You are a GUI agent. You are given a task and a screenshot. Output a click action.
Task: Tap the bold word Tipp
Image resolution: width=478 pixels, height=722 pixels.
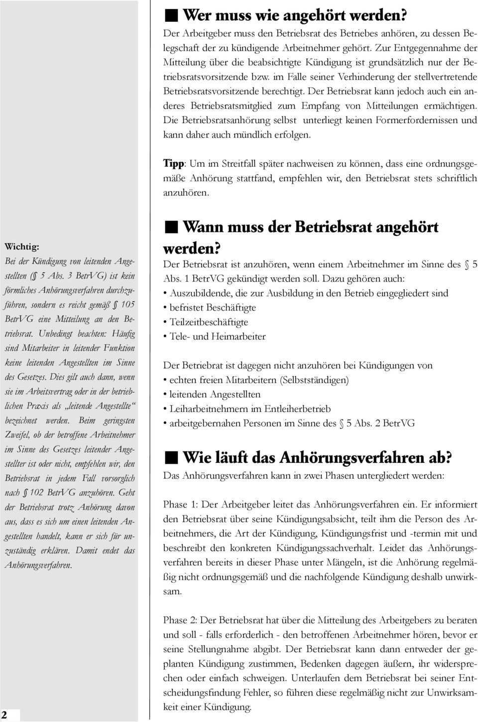[x=173, y=164]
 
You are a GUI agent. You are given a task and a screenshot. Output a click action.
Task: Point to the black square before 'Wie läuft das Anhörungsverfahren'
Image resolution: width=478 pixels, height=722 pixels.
[x=171, y=457]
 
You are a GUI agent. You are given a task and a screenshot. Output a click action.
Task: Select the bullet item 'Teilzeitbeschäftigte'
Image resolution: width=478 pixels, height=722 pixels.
[x=209, y=322]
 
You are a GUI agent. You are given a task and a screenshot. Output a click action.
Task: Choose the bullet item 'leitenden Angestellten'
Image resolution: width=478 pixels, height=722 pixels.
[x=215, y=395]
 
